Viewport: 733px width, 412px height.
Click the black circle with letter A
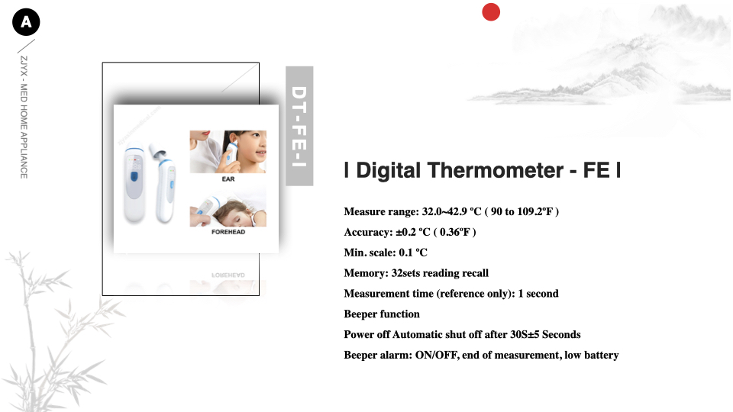pos(26,22)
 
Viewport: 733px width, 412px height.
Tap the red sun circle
pos(491,12)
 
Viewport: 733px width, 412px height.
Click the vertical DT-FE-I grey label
pos(299,126)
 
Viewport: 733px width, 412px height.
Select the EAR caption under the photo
pos(228,179)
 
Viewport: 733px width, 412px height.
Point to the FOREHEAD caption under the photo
pos(228,232)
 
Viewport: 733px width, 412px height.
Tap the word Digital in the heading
pos(389,170)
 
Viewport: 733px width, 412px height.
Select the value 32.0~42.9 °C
pos(451,211)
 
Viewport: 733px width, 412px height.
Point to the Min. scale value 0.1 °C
pos(413,253)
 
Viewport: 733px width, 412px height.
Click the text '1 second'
pos(538,294)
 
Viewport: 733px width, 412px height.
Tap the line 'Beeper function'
pos(382,314)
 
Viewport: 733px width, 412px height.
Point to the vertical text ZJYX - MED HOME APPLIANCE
pos(24,117)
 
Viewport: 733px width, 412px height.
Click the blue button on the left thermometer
pos(134,176)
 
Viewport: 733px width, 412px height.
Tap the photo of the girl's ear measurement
pos(228,152)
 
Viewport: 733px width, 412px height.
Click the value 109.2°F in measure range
pos(535,211)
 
